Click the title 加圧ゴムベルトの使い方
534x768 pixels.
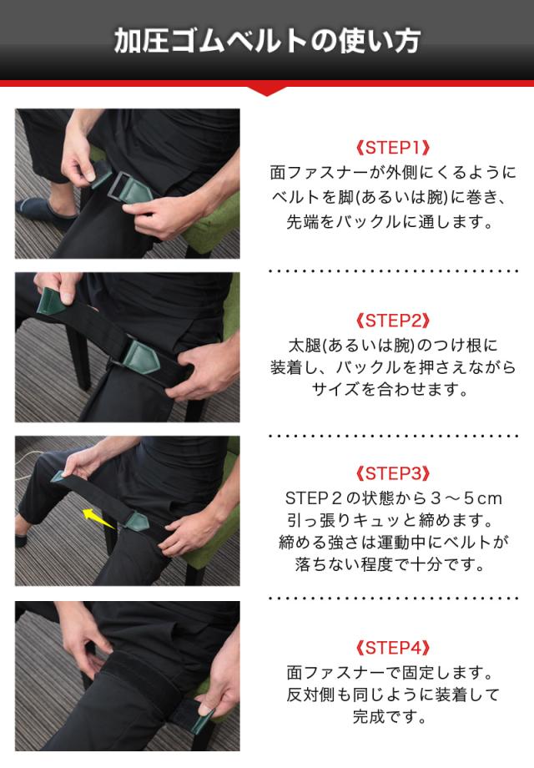click(x=267, y=41)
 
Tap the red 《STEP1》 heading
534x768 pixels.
click(x=392, y=148)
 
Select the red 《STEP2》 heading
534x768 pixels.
click(x=392, y=321)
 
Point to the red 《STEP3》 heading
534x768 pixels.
click(x=392, y=473)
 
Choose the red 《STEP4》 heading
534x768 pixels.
click(x=392, y=648)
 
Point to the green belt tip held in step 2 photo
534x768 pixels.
click(x=53, y=301)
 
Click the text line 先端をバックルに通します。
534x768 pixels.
click(x=390, y=222)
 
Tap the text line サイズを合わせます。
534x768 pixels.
click(x=390, y=390)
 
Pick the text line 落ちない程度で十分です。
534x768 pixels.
click(x=390, y=565)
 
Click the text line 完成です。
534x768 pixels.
click(x=390, y=717)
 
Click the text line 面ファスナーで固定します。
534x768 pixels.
click(x=390, y=673)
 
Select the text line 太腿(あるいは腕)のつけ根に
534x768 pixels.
click(x=392, y=346)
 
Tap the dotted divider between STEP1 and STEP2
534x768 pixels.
click(x=394, y=270)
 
